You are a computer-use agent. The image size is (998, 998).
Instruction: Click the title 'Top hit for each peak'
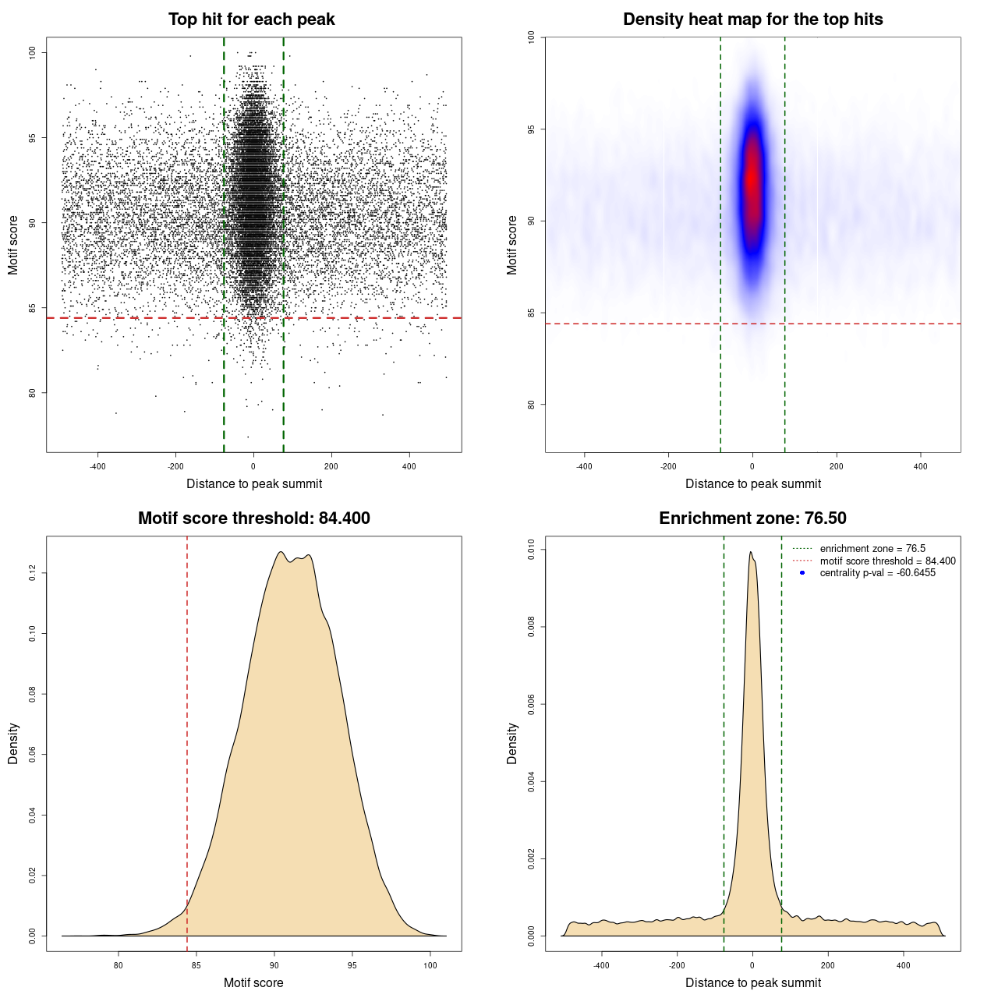[251, 19]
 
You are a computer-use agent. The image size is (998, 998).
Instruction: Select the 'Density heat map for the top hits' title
[752, 19]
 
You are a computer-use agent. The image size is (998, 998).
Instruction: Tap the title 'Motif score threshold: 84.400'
[253, 518]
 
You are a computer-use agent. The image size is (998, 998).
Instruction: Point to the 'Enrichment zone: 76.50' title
[752, 518]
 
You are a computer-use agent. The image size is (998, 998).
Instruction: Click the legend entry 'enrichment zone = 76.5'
[872, 549]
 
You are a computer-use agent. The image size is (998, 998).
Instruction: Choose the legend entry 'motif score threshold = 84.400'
[887, 561]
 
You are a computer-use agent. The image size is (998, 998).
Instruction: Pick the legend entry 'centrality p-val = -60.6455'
[877, 573]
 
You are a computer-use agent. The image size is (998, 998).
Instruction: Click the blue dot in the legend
[802, 573]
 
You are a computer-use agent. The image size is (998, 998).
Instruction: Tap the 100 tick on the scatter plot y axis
[33, 52]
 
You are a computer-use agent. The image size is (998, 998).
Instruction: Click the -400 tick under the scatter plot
[97, 466]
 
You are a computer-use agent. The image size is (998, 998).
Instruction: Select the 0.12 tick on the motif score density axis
[33, 574]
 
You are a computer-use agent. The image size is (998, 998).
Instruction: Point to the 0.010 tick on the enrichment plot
[532, 550]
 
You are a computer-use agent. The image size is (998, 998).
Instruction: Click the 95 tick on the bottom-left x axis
[352, 965]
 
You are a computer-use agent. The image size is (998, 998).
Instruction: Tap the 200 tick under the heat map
[837, 466]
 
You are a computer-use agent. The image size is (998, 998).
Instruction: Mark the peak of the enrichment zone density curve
[750, 552]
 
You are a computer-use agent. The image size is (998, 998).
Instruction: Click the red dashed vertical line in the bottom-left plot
[187, 741]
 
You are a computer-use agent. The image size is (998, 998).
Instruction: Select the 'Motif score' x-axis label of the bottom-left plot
[253, 982]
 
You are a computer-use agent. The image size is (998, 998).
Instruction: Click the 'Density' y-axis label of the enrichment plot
[512, 743]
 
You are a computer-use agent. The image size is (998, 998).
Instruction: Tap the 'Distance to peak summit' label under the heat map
[752, 483]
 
